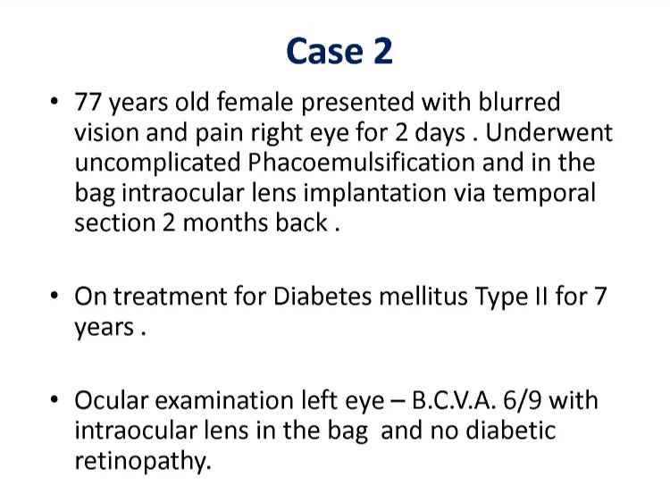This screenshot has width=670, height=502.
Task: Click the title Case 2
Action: click(339, 51)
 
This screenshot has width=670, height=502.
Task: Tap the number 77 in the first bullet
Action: click(88, 102)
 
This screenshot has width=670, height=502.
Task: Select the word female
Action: click(255, 102)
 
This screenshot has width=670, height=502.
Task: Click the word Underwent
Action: click(549, 132)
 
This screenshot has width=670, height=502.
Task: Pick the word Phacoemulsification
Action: click(361, 163)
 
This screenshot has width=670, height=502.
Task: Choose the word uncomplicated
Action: click(157, 163)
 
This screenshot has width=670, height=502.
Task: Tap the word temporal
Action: click(544, 194)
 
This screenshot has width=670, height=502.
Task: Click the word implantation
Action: click(374, 194)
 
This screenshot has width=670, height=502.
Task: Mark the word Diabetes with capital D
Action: click(322, 297)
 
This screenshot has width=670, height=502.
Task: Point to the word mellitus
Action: click(423, 297)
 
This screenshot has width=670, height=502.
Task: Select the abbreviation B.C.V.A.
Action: click(454, 401)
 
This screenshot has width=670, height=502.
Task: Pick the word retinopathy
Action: click(143, 462)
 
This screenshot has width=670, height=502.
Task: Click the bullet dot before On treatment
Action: click(54, 296)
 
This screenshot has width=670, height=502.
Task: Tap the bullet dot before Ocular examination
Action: click(54, 400)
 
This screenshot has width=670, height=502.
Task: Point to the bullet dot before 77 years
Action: click(54, 102)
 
